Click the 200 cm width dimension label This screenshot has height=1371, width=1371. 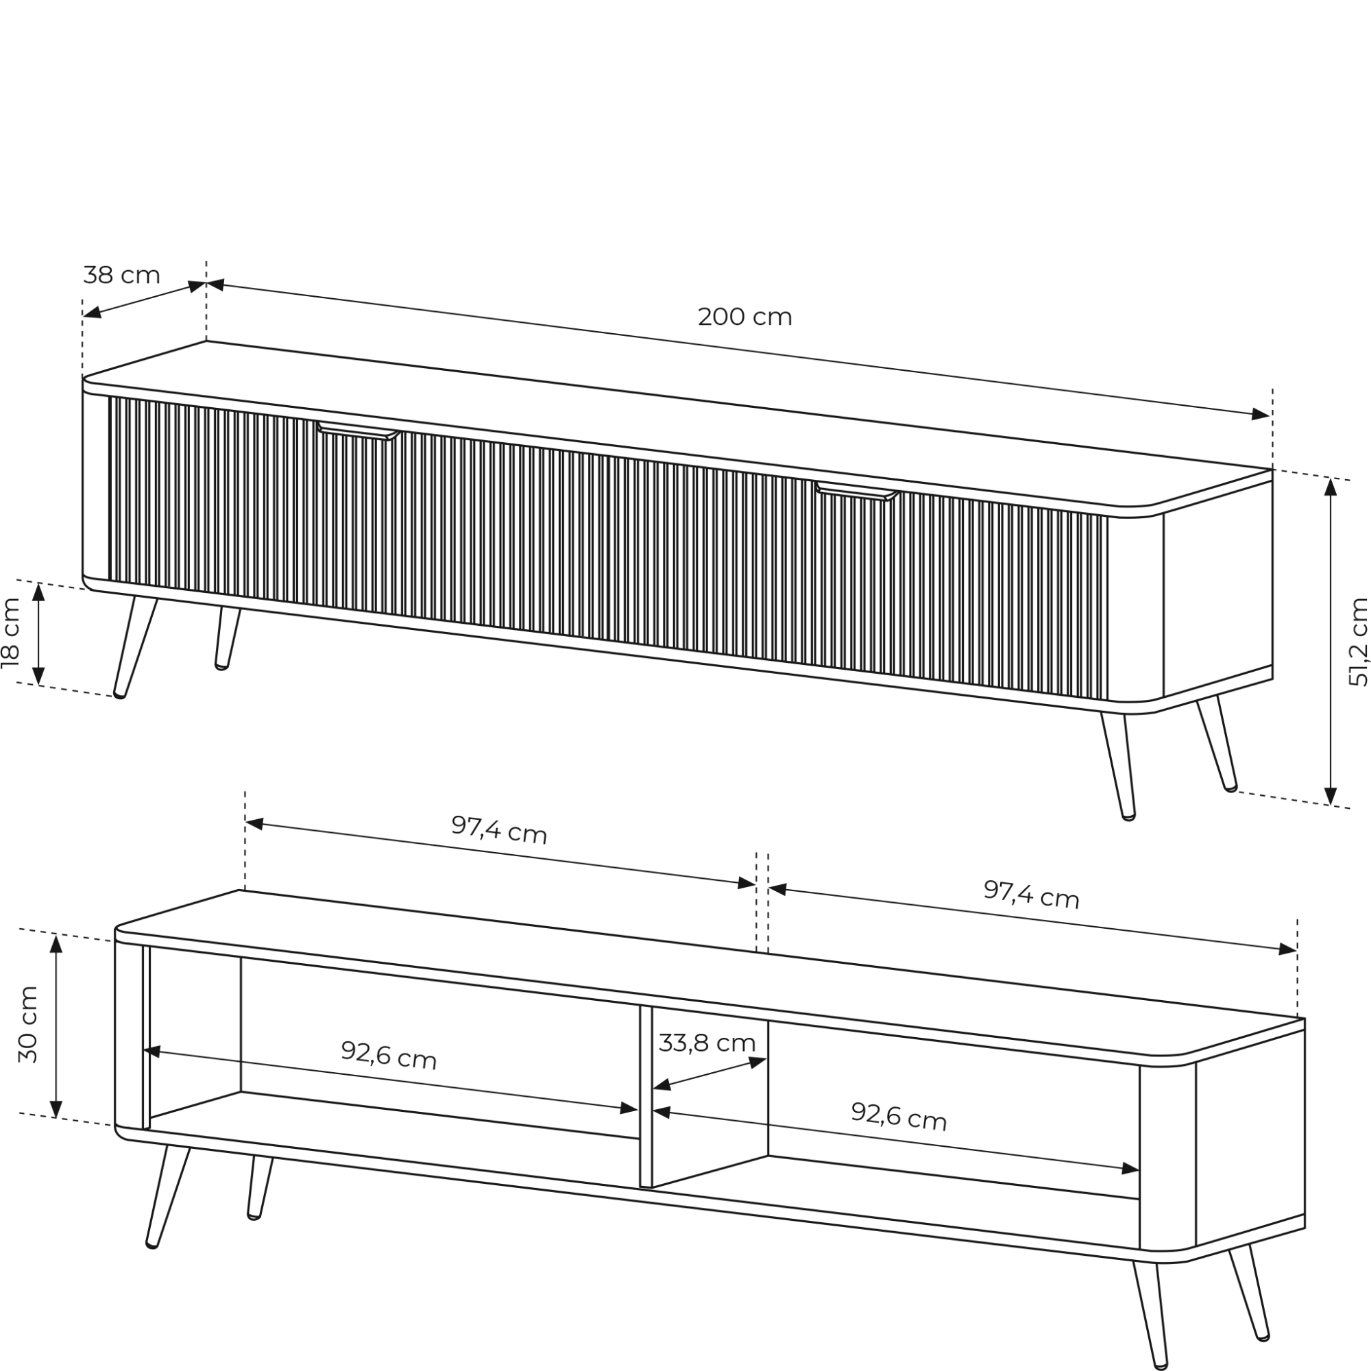point(744,317)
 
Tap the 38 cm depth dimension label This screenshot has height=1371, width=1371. point(121,275)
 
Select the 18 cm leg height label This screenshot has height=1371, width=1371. point(12,633)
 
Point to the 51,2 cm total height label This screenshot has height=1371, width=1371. point(1357,642)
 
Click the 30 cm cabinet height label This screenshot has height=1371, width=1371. point(28,1024)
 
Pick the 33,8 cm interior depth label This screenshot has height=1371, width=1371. point(707,1043)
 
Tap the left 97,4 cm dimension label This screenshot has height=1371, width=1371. point(500,829)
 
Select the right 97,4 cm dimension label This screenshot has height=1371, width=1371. point(1031,894)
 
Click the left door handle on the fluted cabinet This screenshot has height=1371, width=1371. point(359,430)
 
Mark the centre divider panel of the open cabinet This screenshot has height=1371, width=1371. point(646,1095)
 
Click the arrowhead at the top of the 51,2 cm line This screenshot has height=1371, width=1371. point(1331,487)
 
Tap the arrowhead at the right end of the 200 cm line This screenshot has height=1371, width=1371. point(1261,415)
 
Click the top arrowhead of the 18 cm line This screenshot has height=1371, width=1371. point(39,592)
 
